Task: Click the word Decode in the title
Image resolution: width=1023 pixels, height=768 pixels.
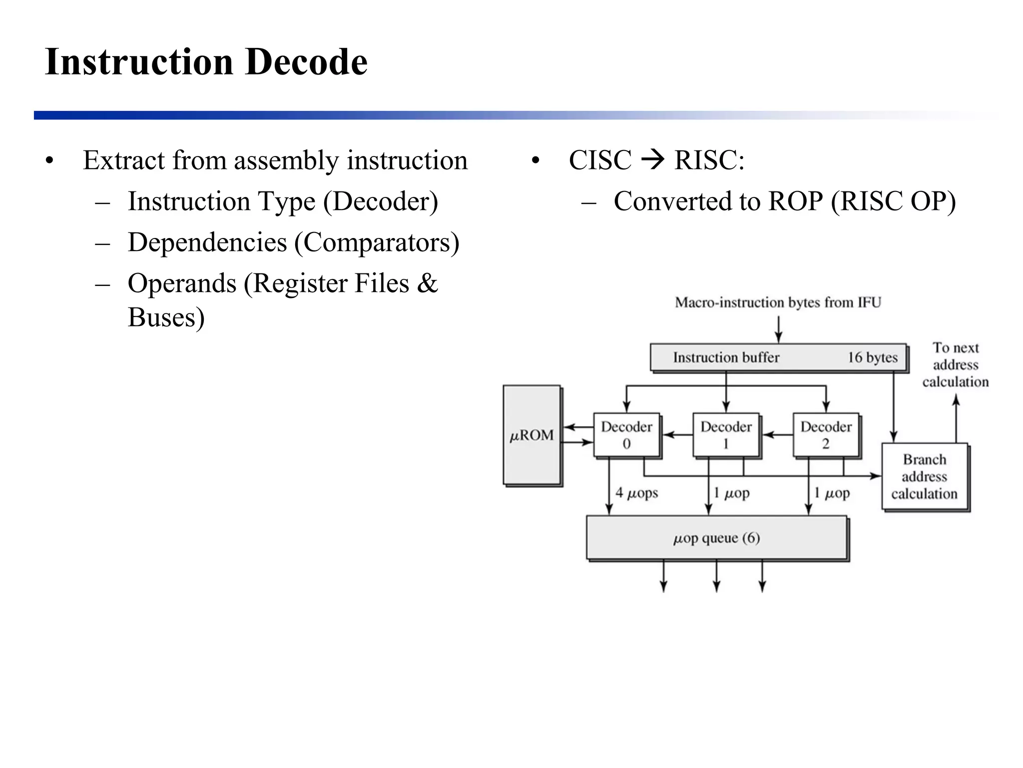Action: (x=306, y=62)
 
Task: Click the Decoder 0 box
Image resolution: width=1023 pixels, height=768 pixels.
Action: (x=626, y=434)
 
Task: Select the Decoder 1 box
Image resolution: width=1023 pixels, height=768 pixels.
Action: (x=726, y=434)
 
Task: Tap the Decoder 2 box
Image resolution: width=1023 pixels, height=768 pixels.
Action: (x=826, y=434)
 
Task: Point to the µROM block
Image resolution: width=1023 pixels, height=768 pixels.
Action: (x=531, y=434)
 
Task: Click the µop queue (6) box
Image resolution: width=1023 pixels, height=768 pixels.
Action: (x=716, y=538)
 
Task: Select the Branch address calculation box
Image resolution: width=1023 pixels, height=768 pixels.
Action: (x=925, y=476)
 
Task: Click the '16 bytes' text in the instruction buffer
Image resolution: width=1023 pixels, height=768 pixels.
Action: (x=872, y=357)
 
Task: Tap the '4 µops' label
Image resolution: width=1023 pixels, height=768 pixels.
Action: (x=636, y=493)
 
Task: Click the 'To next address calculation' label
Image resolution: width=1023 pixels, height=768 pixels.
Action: (x=955, y=364)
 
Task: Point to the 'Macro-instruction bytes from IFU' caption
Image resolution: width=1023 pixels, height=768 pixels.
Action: (x=778, y=302)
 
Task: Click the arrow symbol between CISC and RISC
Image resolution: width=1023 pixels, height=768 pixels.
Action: (x=652, y=160)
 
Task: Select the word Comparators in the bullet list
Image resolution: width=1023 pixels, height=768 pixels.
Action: (x=376, y=242)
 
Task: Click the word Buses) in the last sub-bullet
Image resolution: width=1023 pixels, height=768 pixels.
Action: (x=166, y=317)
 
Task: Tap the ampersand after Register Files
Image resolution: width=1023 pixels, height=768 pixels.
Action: (x=428, y=283)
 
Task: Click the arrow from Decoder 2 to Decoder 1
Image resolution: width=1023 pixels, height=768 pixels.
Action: (x=777, y=435)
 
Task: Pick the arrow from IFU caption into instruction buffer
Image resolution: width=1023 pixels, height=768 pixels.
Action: (x=778, y=330)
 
